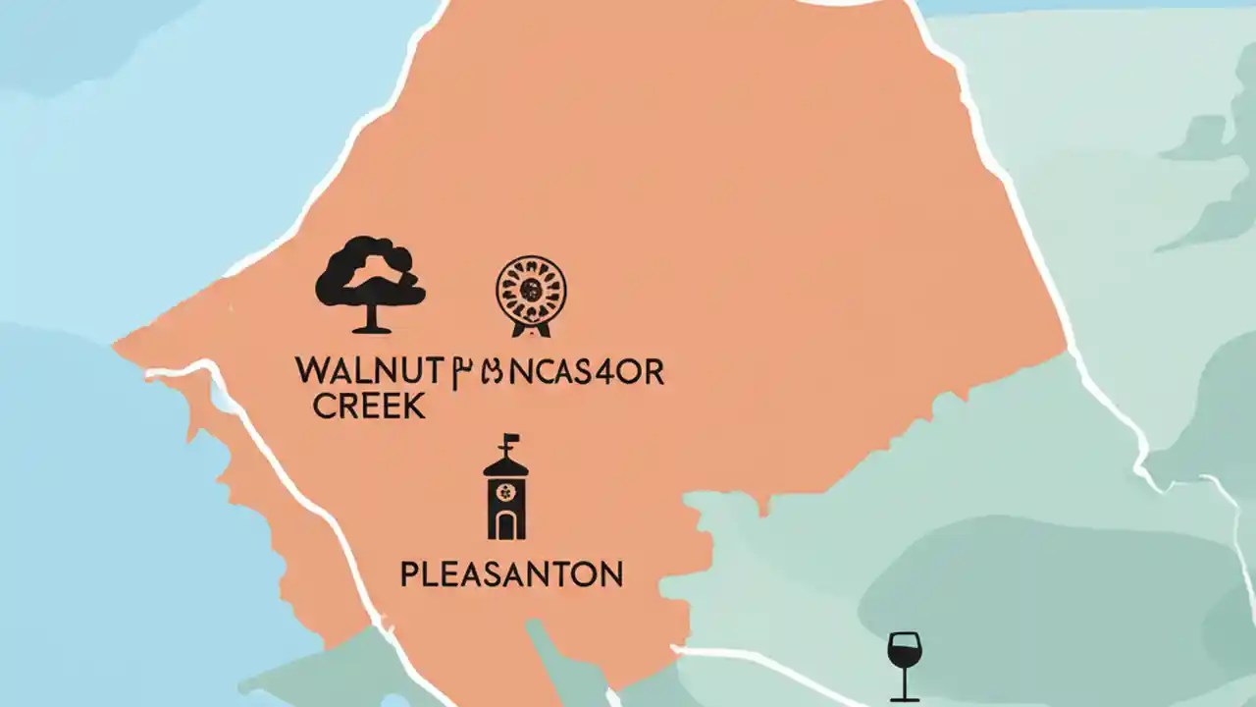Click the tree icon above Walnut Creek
coord(370,280)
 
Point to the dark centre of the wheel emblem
coord(531,289)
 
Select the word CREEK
coord(369,406)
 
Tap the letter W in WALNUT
coord(310,372)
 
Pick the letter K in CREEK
coord(416,406)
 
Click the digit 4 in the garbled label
coord(617,372)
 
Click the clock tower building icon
coord(505,491)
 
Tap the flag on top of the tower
coord(511,440)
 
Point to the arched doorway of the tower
coord(505,525)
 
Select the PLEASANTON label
coord(511,573)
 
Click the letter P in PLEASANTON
coord(409,573)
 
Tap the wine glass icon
coord(904,664)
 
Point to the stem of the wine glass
coord(904,683)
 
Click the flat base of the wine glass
coord(904,698)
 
